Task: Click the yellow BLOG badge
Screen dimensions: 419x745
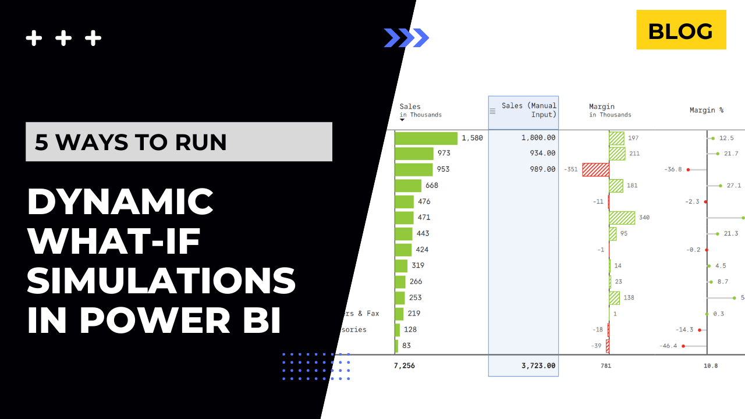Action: pyautogui.click(x=681, y=30)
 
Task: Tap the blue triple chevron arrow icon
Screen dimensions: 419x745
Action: pyautogui.click(x=406, y=38)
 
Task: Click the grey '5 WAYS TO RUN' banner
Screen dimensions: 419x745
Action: pyautogui.click(x=179, y=142)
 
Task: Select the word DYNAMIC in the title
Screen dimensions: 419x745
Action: pyautogui.click(x=120, y=201)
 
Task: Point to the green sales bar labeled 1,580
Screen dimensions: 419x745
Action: pyautogui.click(x=426, y=139)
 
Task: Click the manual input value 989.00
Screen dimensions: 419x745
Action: pyautogui.click(x=542, y=169)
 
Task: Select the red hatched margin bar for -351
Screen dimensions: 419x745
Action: pyautogui.click(x=595, y=169)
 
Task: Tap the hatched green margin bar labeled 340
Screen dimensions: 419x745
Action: pyautogui.click(x=622, y=218)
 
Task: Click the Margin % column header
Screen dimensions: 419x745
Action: pyautogui.click(x=706, y=110)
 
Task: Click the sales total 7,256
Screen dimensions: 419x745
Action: pyautogui.click(x=405, y=366)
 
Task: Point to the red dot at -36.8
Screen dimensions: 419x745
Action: pyautogui.click(x=688, y=169)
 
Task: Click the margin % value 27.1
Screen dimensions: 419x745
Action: pyautogui.click(x=733, y=186)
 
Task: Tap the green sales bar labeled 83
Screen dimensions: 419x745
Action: pyautogui.click(x=396, y=346)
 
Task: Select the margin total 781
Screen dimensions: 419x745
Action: pyautogui.click(x=605, y=366)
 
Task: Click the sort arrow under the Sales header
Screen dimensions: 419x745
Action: pyautogui.click(x=402, y=120)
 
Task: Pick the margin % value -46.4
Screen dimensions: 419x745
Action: pyautogui.click(x=668, y=346)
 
